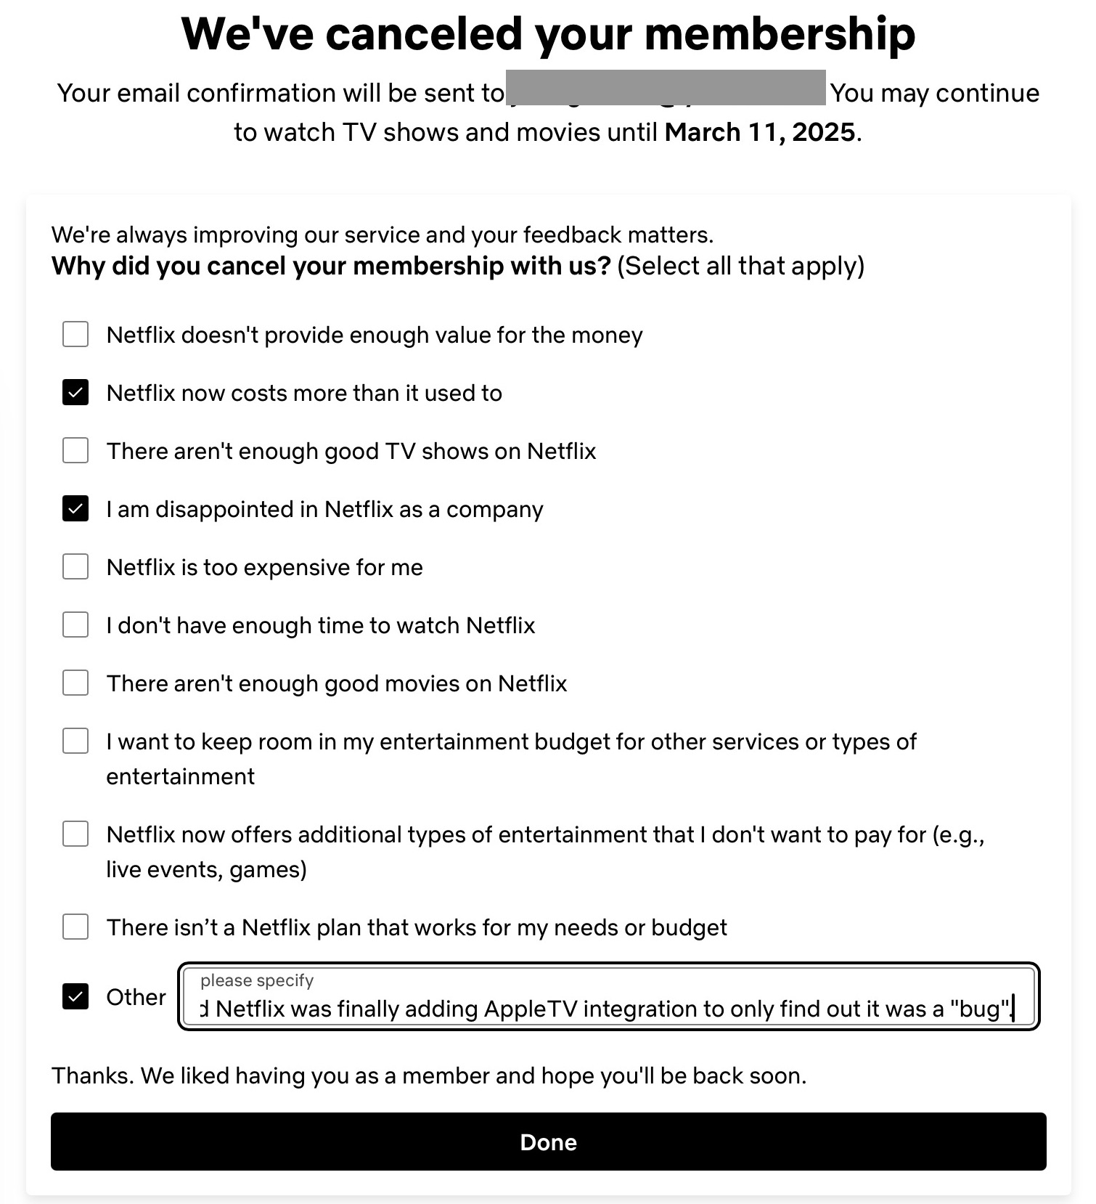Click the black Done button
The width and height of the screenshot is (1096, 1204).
coord(548,1142)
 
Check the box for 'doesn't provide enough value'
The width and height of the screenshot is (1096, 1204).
coord(75,335)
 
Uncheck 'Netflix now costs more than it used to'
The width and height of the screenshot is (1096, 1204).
coord(75,393)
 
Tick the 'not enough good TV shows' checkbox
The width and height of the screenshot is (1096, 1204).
coord(75,451)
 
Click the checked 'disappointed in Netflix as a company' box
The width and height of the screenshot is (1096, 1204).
coord(75,509)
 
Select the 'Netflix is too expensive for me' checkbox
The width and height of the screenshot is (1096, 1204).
coord(75,567)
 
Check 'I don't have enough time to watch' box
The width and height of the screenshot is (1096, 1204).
coord(75,625)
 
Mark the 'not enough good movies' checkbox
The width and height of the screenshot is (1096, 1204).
coord(75,683)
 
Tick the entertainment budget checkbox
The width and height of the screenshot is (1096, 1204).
coord(75,741)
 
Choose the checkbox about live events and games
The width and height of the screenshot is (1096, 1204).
coord(75,834)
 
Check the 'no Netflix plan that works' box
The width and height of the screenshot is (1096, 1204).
coord(75,927)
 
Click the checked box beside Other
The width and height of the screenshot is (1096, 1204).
coord(75,997)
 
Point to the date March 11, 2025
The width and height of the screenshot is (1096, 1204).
coord(759,132)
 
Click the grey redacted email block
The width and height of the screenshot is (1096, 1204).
coord(666,88)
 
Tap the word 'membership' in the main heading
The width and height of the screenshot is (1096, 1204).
coord(780,34)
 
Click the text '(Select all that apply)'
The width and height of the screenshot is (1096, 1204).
coord(741,266)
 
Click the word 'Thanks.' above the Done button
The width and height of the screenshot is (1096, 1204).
coord(93,1075)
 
